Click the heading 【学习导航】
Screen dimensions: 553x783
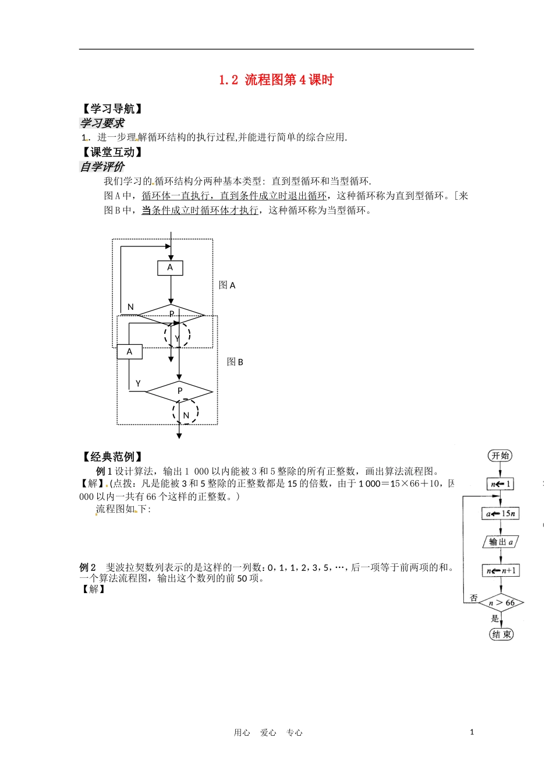pos(111,109)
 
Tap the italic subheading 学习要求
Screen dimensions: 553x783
pos(102,123)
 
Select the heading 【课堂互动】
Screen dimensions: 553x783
pos(111,152)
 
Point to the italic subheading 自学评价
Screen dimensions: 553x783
pos(102,167)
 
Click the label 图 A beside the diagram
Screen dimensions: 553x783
pos(227,285)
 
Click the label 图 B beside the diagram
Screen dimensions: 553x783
pos(235,362)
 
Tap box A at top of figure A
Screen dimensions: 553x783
pos(171,267)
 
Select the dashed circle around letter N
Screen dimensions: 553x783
pos(186,412)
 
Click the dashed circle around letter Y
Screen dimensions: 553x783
pos(177,334)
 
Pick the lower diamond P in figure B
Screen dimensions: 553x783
pos(179,391)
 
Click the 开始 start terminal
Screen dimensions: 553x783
pos(500,456)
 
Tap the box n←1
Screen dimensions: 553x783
pos(500,484)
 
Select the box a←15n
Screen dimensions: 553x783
pos(500,513)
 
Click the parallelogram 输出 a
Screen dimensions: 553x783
pos(501,542)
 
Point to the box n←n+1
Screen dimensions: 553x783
pos(501,570)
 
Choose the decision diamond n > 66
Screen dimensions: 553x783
pos(501,602)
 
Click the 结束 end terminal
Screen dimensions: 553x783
pos(501,634)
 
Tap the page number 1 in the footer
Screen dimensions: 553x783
pos(472,732)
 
